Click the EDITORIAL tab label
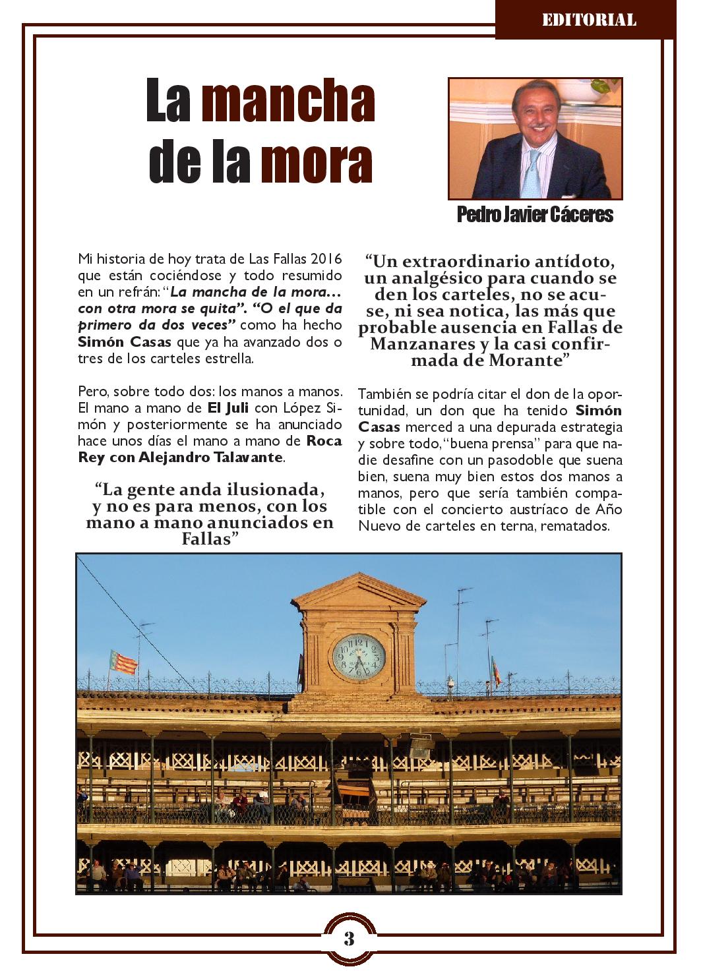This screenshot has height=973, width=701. click(588, 20)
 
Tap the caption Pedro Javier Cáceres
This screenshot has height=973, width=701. click(535, 215)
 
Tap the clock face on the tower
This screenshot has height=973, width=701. click(358, 657)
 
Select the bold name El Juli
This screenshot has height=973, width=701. click(228, 407)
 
